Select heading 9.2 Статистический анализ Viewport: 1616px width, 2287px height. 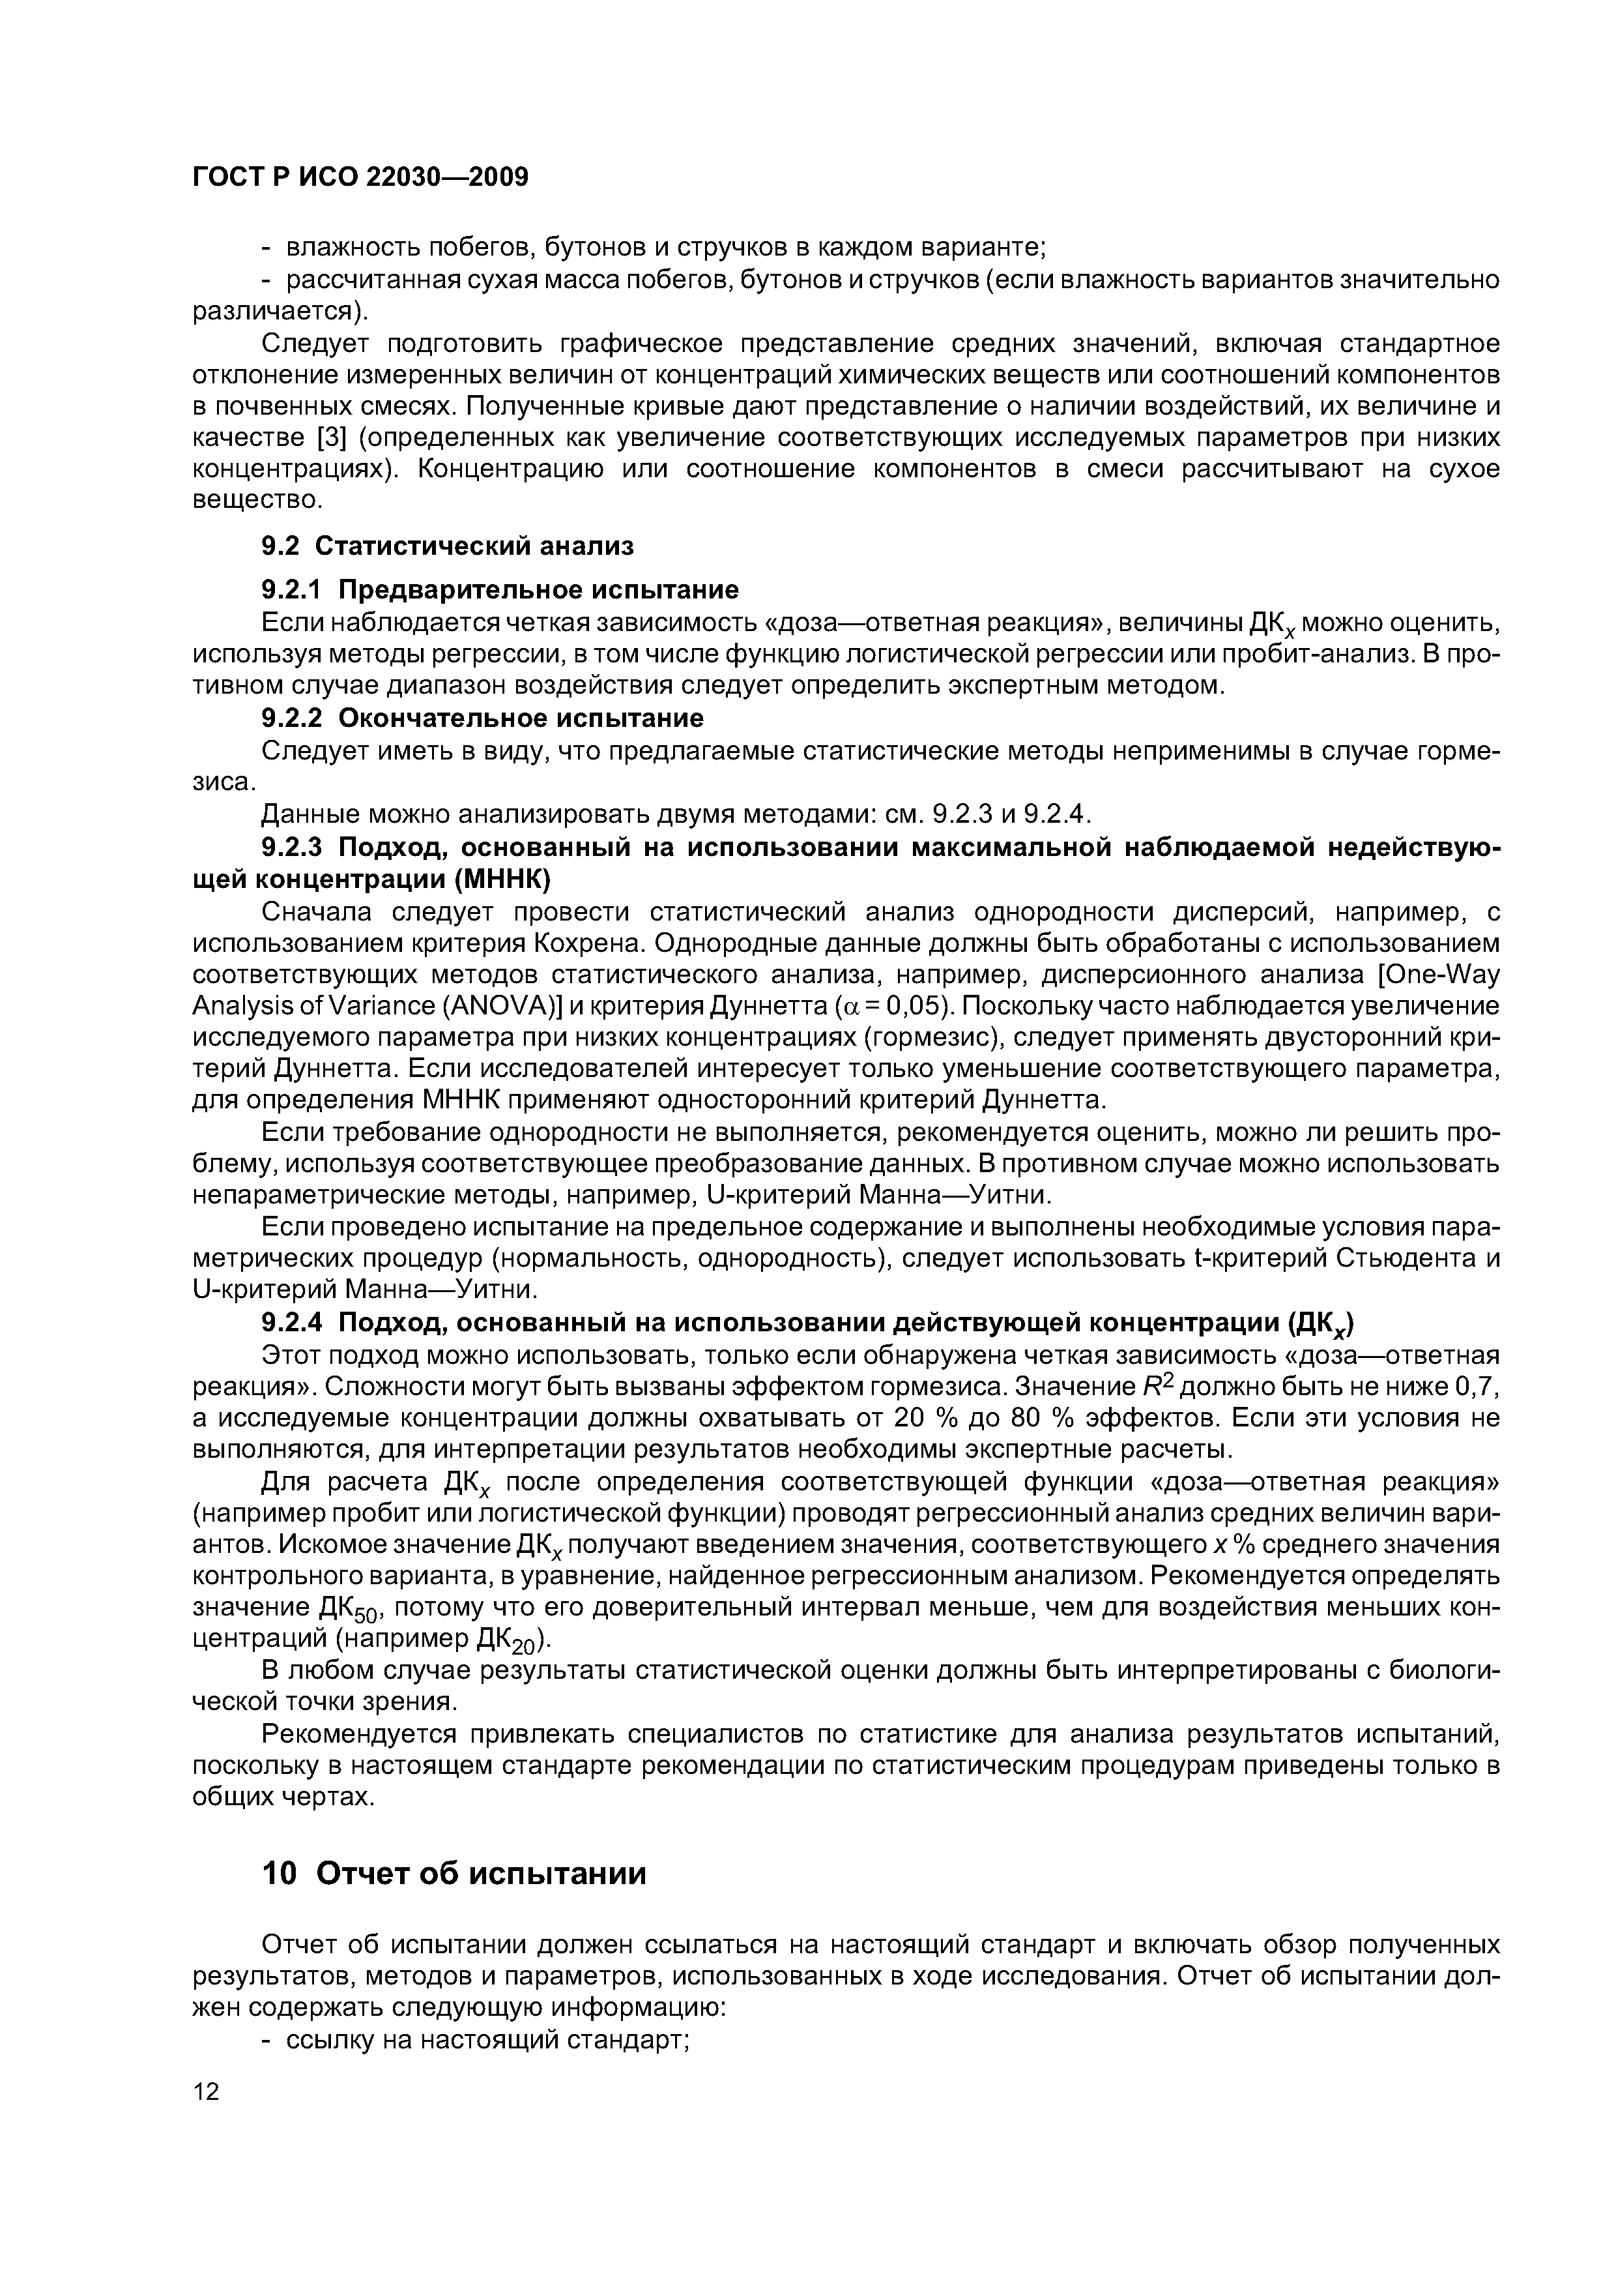[447, 545]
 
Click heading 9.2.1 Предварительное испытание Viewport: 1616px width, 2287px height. [500, 590]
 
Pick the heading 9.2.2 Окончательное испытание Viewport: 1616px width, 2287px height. [482, 717]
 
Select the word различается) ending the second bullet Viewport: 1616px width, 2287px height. [279, 311]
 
